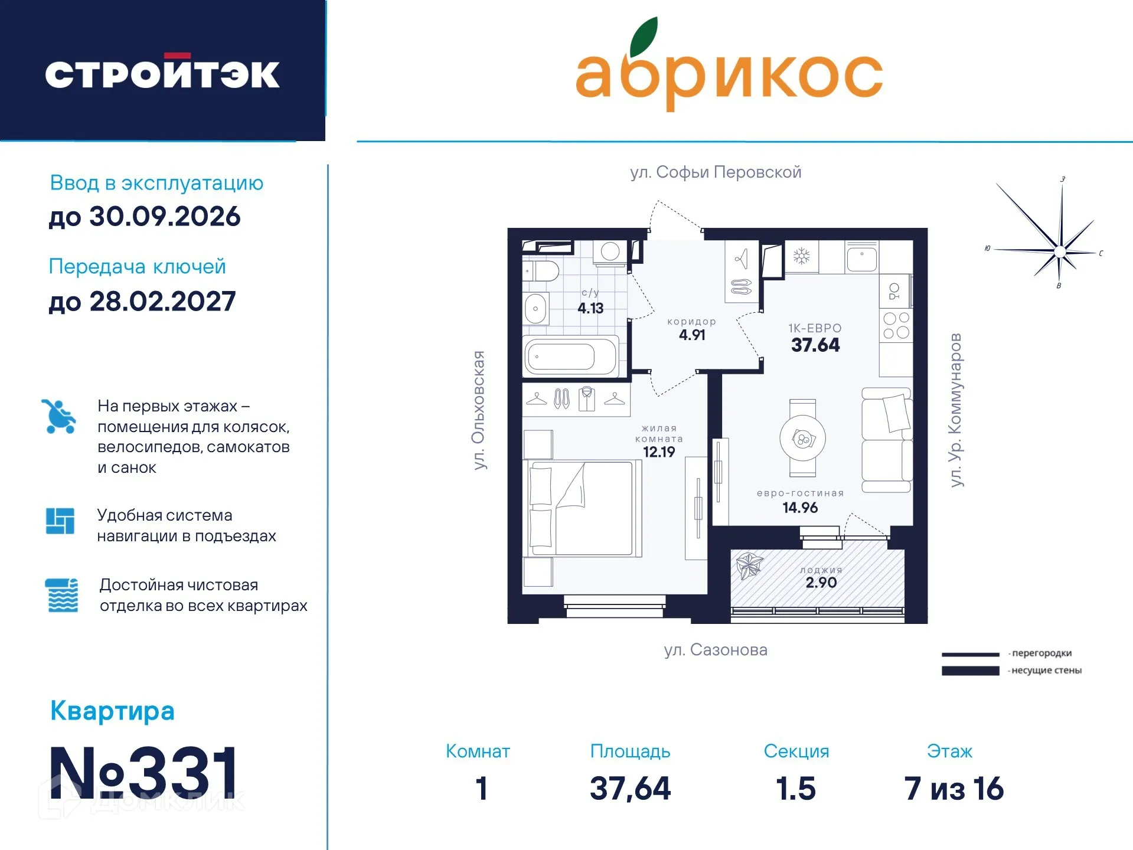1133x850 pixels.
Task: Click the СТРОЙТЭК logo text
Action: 162,74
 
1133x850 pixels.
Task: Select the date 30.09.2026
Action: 165,217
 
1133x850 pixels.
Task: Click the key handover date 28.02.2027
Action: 162,302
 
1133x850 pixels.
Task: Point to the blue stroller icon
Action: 59,417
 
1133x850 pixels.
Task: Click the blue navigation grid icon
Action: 60,521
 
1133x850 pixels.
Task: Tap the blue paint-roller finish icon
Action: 61,595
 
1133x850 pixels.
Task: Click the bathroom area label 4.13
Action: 590,308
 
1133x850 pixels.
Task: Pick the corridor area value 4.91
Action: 692,335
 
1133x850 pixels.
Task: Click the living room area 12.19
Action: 658,452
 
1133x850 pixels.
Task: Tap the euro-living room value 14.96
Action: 800,508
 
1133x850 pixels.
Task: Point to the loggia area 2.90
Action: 821,583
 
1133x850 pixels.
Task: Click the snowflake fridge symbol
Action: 801,256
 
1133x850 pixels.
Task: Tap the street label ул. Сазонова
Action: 716,650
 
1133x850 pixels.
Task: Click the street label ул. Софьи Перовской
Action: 716,172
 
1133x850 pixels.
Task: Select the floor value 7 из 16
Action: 954,789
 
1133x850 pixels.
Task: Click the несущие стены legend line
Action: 970,671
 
